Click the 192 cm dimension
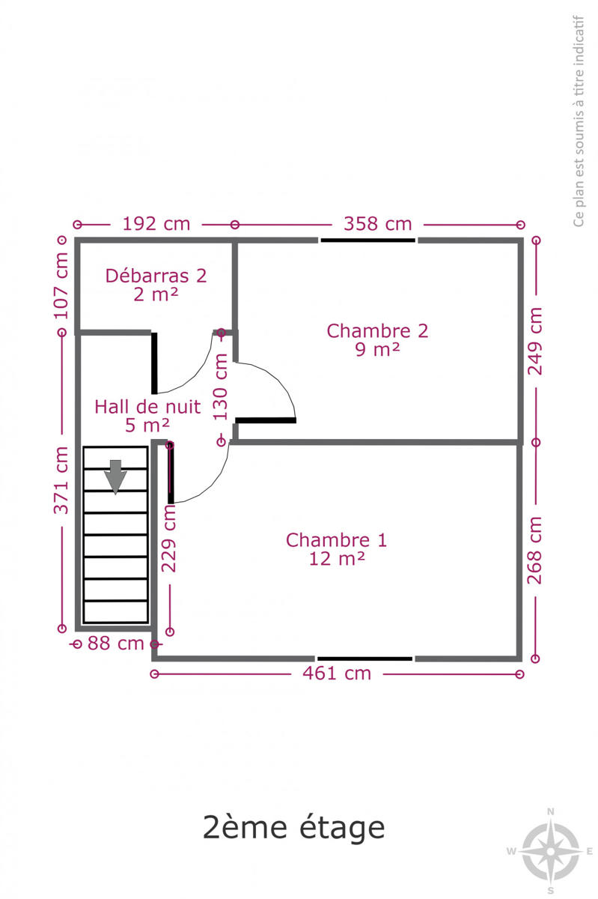(156, 224)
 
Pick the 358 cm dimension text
(377, 224)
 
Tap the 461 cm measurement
(337, 674)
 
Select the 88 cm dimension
(115, 644)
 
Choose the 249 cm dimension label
(534, 342)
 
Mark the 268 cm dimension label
(534, 550)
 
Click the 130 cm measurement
(220, 387)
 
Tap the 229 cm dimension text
(169, 538)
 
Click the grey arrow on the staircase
(115, 476)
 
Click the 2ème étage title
(293, 828)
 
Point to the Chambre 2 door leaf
(266, 420)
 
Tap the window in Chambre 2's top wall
(367, 240)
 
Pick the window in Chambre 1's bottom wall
(364, 659)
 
